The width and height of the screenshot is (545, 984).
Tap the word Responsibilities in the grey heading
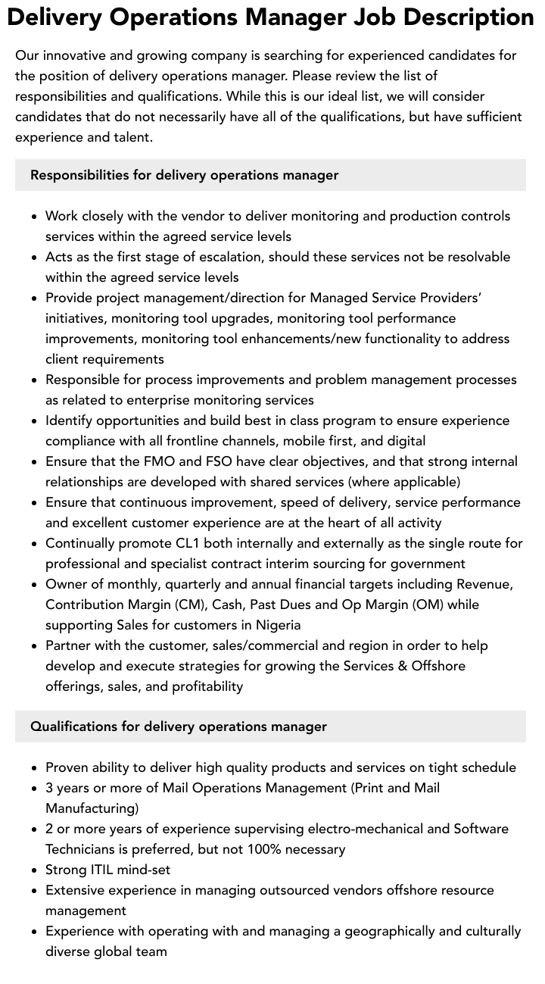(x=79, y=175)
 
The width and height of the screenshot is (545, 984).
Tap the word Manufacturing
(x=92, y=808)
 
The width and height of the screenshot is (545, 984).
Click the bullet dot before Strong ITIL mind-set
(x=35, y=870)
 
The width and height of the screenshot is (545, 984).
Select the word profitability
(x=200, y=686)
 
